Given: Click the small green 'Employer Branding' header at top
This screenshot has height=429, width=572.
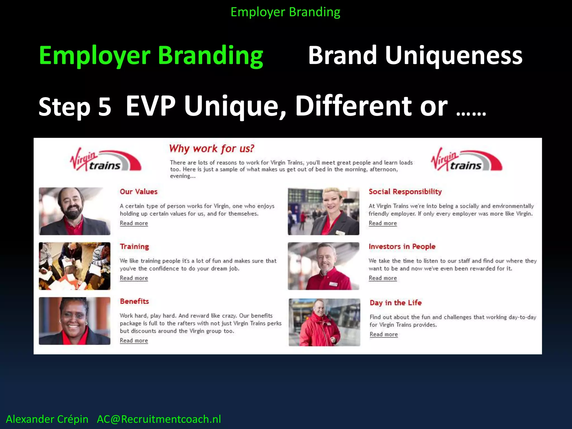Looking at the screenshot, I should click(285, 12).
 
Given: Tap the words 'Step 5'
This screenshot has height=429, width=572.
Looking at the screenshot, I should click(75, 107).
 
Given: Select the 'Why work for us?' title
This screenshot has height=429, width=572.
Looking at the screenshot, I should click(211, 149).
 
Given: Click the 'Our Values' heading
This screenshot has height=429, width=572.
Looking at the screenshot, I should click(139, 192).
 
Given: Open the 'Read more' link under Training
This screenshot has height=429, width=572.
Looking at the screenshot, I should click(134, 278).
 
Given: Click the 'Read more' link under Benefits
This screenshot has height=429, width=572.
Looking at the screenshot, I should click(134, 340).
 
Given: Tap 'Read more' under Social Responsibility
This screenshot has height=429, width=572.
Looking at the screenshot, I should click(383, 223).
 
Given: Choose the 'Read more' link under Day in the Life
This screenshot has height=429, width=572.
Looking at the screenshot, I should click(383, 334).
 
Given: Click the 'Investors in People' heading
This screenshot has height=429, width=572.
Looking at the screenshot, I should click(402, 246).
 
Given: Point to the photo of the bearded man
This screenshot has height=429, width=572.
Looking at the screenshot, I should click(74, 211).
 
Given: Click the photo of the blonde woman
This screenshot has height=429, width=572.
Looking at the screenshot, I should click(323, 211).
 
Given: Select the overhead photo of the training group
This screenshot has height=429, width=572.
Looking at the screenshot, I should click(74, 266).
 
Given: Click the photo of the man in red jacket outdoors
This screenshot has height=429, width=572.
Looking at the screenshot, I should click(324, 322).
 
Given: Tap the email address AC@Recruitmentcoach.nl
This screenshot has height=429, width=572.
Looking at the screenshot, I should click(159, 419).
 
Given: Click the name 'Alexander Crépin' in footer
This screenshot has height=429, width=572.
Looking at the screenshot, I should click(47, 419).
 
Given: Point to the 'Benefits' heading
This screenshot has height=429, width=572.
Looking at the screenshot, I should click(134, 301).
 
